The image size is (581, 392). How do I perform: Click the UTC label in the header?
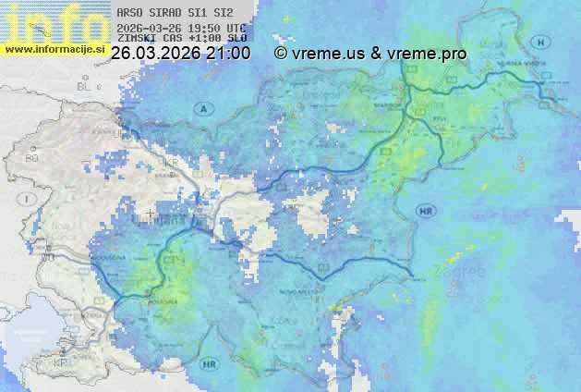pos(236,27)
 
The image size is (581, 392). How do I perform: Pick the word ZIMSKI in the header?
pos(136,39)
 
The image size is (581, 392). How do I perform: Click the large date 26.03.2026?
pos(154,54)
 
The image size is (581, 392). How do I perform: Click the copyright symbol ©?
pos(281,54)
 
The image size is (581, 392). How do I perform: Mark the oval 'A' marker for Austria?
pos(201,109)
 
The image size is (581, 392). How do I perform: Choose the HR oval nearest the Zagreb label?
pos(427,212)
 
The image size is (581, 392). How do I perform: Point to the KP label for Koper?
pos(61,361)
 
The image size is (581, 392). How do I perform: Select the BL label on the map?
pos(87,86)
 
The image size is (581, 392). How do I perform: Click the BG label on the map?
pos(32,158)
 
